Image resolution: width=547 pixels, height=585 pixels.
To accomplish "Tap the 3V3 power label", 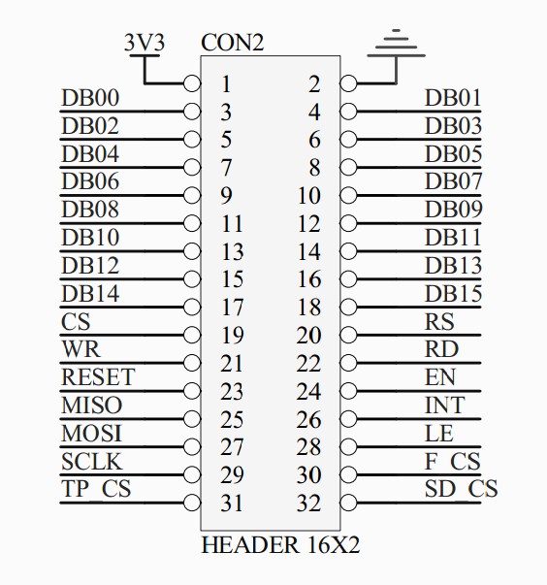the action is [x=145, y=43].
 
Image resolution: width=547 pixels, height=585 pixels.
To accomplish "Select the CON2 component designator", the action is [x=233, y=43].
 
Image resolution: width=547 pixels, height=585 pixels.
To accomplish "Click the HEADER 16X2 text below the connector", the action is [x=280, y=545].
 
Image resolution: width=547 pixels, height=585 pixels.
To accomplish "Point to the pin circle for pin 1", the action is [x=192, y=83].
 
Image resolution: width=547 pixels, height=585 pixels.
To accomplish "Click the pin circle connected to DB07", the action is [x=348, y=195].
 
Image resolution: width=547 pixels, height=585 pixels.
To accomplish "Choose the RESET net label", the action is [x=98, y=377].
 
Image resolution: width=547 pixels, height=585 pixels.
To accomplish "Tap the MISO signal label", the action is [x=92, y=406].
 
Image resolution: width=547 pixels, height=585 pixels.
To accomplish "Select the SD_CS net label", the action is [x=462, y=489].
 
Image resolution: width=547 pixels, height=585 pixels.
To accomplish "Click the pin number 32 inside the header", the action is [x=308, y=504].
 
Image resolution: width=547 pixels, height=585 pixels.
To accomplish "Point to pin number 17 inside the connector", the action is [x=233, y=308].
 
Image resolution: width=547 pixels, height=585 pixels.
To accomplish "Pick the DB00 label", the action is [x=90, y=98].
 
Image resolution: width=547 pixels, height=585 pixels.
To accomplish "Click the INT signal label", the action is [x=445, y=406].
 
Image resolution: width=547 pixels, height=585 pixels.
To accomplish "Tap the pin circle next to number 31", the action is [x=192, y=503].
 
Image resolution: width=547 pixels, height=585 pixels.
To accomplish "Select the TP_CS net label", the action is [x=96, y=489].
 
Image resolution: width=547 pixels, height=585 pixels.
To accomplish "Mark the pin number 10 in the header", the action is [x=309, y=196].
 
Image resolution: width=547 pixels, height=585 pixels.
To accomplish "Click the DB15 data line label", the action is [x=454, y=294].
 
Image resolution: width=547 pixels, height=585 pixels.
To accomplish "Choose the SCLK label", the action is [x=92, y=462].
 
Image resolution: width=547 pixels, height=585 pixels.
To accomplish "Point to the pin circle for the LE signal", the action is [x=348, y=446].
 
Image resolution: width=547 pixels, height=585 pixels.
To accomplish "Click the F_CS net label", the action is [x=453, y=462].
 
